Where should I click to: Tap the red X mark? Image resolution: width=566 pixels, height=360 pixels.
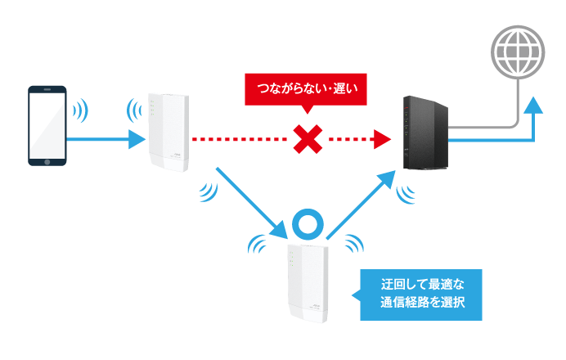(307, 141)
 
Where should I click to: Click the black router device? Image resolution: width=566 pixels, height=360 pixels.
(424, 137)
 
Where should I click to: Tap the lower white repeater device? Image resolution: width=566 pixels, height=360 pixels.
(307, 282)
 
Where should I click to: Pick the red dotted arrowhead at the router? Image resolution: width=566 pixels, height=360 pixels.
(379, 141)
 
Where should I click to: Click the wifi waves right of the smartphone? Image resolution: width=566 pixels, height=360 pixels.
(80, 110)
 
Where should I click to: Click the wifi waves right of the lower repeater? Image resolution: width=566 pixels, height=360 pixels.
(353, 244)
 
